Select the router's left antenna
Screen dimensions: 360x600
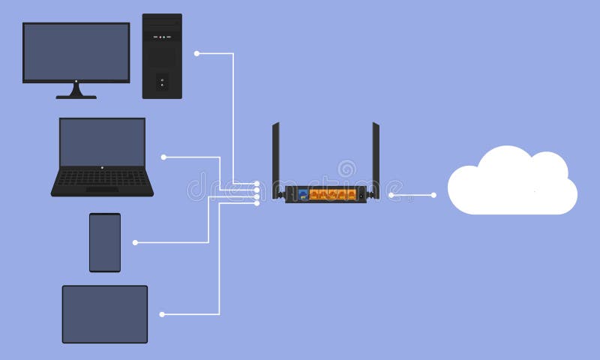[276, 157]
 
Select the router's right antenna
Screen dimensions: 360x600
[376, 157]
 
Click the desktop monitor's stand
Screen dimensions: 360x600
[76, 91]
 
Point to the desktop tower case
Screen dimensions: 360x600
[162, 56]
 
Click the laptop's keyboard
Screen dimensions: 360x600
[102, 178]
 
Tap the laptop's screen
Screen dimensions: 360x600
[102, 142]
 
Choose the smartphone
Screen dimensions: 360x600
[105, 242]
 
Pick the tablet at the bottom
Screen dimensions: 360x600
[105, 314]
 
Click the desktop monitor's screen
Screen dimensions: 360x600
[76, 51]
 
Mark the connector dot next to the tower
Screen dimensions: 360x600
[196, 53]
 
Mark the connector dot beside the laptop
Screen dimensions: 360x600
[163, 157]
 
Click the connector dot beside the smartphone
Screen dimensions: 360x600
[135, 242]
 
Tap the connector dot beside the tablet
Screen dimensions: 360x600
[162, 314]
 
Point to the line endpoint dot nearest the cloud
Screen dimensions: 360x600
[433, 195]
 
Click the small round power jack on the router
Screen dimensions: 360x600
[361, 195]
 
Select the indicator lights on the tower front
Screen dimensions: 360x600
[162, 36]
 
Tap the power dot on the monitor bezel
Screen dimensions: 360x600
[76, 81]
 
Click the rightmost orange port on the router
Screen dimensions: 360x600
[350, 194]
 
